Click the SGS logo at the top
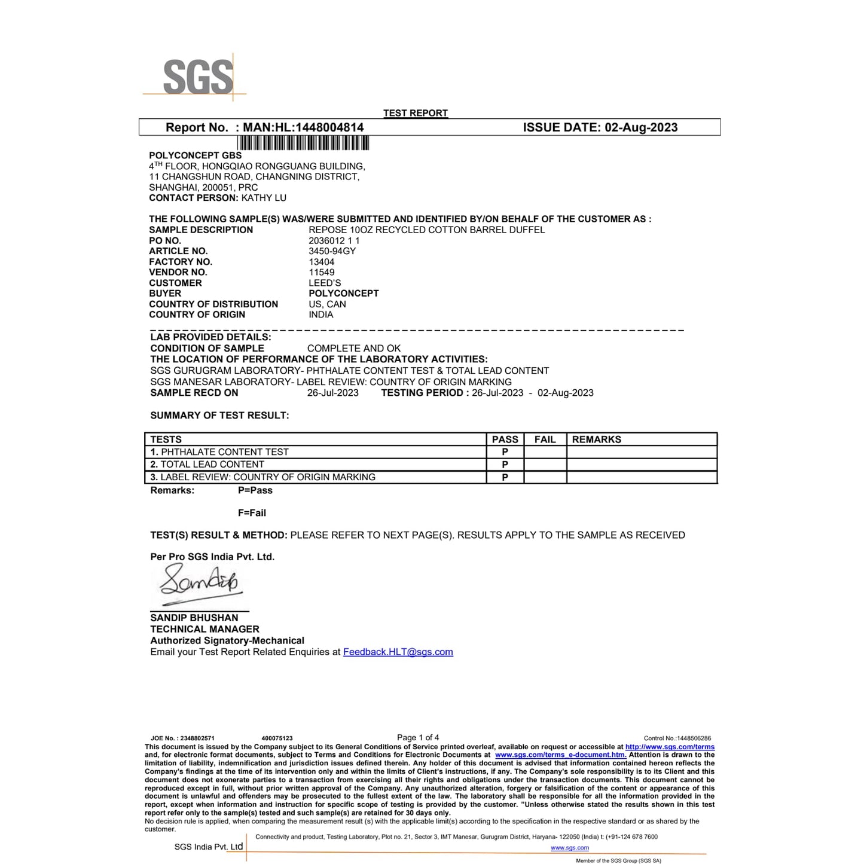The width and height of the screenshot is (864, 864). pos(197,77)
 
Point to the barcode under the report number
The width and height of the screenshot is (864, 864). pos(303,143)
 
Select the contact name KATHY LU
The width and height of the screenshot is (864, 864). pos(264,198)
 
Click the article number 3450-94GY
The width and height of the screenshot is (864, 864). pos(332,251)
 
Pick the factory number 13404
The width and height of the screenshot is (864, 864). pos(322,262)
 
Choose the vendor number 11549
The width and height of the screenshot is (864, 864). pos(322,272)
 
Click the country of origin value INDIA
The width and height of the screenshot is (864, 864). pos(321,315)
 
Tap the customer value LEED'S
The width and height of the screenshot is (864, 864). pos(325,283)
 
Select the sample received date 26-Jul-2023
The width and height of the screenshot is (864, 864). pos(332,393)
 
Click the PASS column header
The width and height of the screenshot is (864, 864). pos(505,439)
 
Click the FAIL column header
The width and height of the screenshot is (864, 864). pos(545,439)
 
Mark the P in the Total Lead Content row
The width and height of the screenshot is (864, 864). pos(505,465)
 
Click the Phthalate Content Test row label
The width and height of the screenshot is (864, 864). pos(224,452)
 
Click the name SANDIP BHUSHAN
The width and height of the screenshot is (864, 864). pos(194,618)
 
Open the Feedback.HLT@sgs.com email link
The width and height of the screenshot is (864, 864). pos(398,652)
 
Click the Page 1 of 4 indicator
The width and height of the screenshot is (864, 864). pos(418,737)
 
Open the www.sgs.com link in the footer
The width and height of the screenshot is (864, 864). pos(569,848)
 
